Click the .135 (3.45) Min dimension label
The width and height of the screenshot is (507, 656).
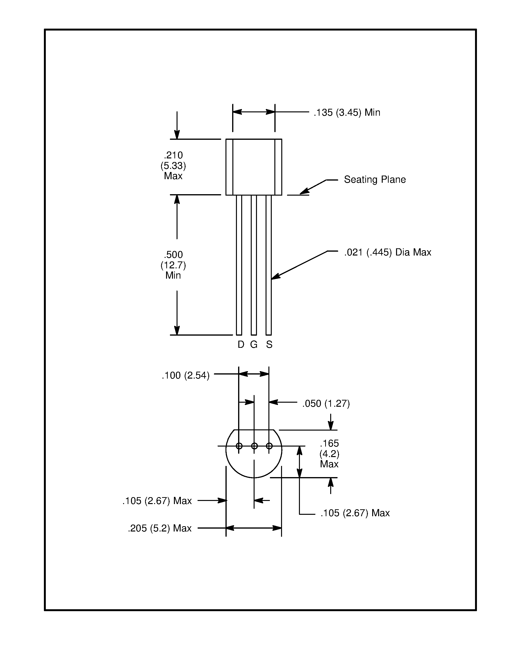pos(347,113)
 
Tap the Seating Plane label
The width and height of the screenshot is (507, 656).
pos(375,180)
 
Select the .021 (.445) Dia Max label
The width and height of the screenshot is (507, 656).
pos(387,252)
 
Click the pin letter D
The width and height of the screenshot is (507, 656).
pos(241,344)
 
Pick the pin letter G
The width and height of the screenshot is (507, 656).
pos(254,344)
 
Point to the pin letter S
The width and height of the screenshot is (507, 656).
pos(269,344)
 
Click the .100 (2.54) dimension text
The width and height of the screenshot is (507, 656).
pos(185,375)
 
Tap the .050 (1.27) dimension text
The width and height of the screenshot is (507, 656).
pos(326,403)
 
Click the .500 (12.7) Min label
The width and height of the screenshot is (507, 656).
pos(173,265)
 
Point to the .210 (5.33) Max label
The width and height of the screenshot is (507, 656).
pos(173,166)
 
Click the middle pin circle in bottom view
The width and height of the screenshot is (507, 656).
pos(254,446)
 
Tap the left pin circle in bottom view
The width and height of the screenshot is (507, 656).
pos(239,446)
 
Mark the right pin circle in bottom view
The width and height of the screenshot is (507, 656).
pos(269,446)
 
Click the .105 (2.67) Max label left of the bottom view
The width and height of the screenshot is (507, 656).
pos(157,501)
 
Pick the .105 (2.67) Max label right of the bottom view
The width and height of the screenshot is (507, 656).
pos(355,513)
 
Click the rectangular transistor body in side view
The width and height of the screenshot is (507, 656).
pos(254,167)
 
